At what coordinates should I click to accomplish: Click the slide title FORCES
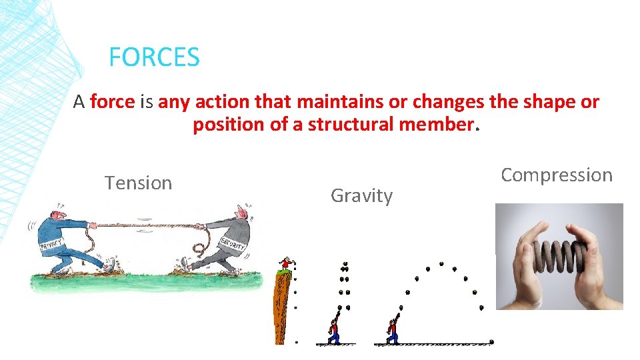154,57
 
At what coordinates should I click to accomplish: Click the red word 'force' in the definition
112,102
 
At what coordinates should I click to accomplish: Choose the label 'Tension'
138,183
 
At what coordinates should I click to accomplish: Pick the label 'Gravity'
361,196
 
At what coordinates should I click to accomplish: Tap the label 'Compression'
556,175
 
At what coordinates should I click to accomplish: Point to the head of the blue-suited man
58,211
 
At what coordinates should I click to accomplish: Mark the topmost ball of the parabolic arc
441,264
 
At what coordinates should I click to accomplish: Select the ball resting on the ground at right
491,342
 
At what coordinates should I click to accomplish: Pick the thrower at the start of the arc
393,330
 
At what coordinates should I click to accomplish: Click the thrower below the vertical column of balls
333,330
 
